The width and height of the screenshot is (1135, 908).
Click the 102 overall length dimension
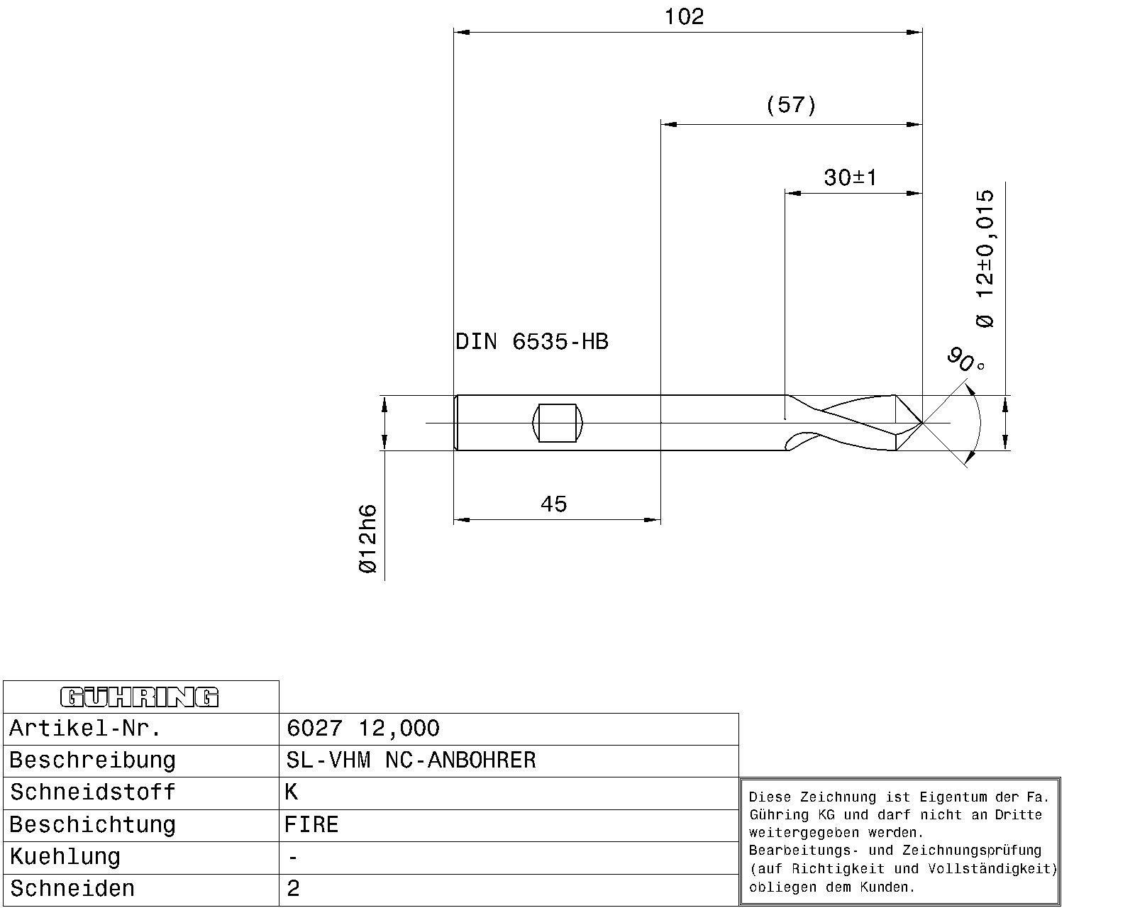[x=684, y=17]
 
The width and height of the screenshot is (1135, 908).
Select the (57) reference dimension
[x=790, y=105]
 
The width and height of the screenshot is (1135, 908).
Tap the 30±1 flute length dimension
[x=851, y=178]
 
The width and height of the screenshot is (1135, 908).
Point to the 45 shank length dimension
[x=554, y=504]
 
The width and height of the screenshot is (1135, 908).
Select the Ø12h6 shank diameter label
[x=368, y=538]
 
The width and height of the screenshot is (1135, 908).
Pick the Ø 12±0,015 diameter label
[x=985, y=259]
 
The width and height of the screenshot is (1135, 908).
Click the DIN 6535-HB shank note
[x=531, y=342]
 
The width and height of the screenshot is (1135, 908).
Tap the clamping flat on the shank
[x=558, y=423]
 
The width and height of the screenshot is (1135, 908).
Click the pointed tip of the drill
[x=921, y=423]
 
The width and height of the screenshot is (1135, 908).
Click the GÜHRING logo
[x=139, y=697]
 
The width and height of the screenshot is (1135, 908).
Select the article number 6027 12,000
[x=363, y=729]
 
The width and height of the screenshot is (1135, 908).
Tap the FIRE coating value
[x=311, y=824]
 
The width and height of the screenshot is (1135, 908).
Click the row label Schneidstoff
[x=93, y=792]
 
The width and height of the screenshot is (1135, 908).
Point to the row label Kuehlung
[x=65, y=858]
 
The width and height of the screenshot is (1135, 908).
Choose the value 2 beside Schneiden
[x=293, y=889]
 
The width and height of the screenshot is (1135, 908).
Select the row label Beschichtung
[x=93, y=825]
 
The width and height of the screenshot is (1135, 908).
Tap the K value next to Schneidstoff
[x=291, y=792]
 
